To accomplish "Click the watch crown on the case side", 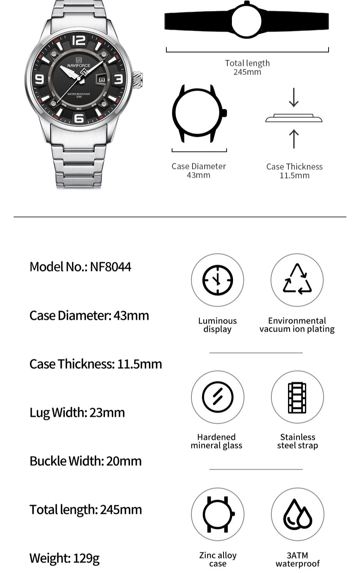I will [137, 80].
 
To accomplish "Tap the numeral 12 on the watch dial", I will [79, 40].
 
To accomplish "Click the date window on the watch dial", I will [102, 80].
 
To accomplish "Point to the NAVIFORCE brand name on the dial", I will [79, 66].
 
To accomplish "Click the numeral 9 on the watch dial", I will [40, 79].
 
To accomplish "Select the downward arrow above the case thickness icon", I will [294, 97].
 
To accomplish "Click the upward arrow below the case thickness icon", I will [294, 138].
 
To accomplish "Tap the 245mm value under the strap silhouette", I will [247, 72].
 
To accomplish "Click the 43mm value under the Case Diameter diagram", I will [199, 175].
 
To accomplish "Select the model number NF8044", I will [110, 267].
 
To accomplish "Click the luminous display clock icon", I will [218, 280].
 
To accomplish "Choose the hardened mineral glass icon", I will [218, 397].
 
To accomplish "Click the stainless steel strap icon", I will [297, 397].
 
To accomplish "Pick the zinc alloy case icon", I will [218, 514].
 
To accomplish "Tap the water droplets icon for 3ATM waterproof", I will [297, 514].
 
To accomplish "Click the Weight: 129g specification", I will [64, 558].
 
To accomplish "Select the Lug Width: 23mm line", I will [77, 412].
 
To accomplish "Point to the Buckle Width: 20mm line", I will [86, 461].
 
